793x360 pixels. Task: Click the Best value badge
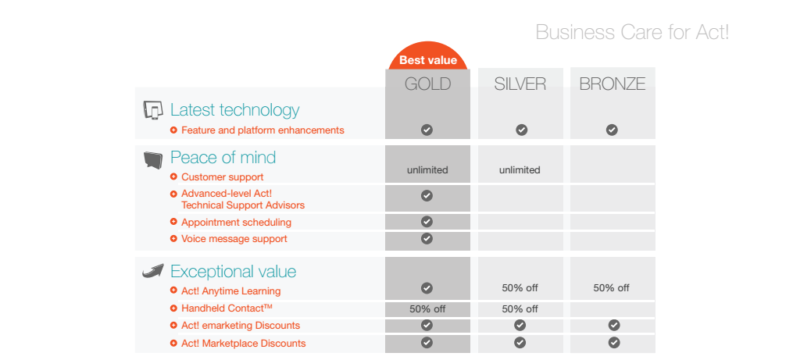click(427, 59)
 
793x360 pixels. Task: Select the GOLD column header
click(427, 84)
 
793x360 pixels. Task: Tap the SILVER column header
click(520, 84)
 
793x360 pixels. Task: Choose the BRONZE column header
click(612, 84)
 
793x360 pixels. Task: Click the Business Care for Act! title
click(632, 33)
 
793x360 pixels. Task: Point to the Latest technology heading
click(234, 110)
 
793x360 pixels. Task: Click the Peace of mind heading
click(223, 158)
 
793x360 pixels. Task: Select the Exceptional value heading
click(233, 272)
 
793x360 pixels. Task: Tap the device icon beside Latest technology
click(153, 110)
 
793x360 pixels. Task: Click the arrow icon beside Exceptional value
click(152, 271)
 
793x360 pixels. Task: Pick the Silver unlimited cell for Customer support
click(520, 170)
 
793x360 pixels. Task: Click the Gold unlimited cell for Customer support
click(427, 170)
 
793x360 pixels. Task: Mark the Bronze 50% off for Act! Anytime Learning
click(611, 288)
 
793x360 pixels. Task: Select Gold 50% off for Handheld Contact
click(427, 309)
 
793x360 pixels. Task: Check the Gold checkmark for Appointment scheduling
click(427, 222)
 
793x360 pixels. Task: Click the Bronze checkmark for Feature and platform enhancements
click(612, 130)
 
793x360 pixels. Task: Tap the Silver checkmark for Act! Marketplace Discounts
click(520, 342)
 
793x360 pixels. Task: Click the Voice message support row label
click(234, 239)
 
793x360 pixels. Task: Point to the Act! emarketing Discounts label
click(240, 326)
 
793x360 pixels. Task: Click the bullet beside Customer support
click(173, 177)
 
